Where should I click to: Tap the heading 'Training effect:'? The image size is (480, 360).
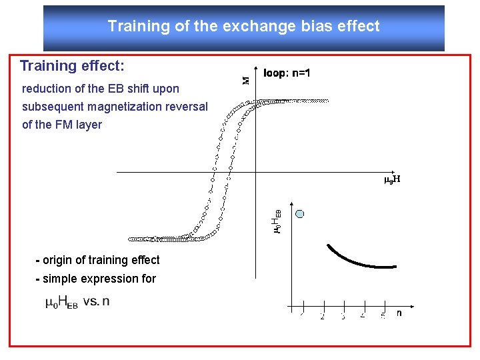click(72, 66)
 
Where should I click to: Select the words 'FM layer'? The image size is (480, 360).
click(80, 125)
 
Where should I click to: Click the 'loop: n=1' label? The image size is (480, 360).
click(287, 73)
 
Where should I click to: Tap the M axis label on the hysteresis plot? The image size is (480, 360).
click(245, 80)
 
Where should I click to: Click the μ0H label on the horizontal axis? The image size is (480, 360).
click(392, 179)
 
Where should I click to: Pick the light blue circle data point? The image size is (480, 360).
click(300, 214)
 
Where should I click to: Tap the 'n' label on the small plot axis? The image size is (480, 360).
click(399, 312)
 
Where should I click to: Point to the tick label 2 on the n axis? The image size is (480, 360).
click(322, 316)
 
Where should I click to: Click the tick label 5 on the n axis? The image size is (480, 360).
click(383, 316)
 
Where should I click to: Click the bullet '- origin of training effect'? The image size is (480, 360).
click(97, 260)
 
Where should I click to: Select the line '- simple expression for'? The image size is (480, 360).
click(95, 279)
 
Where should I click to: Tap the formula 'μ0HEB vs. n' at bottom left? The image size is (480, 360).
click(77, 302)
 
